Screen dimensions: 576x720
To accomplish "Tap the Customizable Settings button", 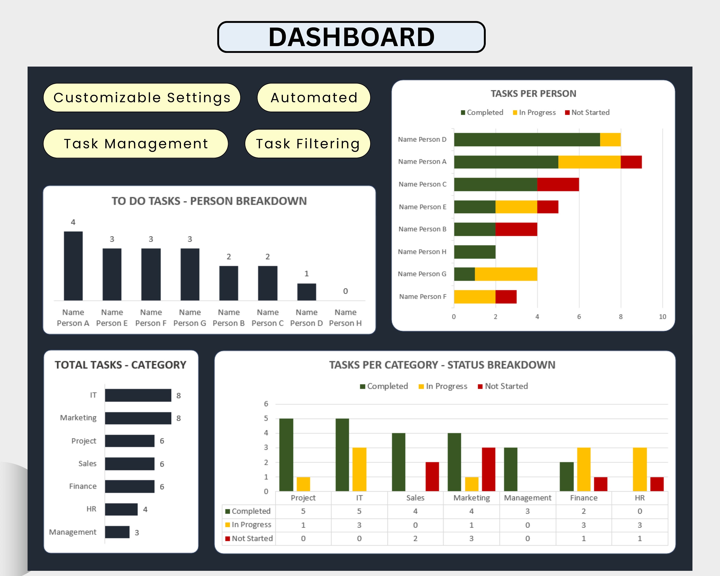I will pyautogui.click(x=142, y=97).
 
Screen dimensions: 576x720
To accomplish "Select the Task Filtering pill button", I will pyautogui.click(x=308, y=144).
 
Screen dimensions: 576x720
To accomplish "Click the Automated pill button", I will pyautogui.click(x=314, y=97).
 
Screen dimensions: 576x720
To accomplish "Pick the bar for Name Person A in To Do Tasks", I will pyautogui.click(x=73, y=266).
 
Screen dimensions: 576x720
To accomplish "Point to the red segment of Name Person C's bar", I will pyautogui.click(x=558, y=184).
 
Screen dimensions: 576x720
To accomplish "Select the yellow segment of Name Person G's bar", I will pyautogui.click(x=506, y=274).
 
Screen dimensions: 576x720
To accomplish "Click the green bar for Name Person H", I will pyautogui.click(x=474, y=252).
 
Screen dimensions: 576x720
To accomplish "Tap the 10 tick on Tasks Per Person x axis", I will pyautogui.click(x=662, y=317).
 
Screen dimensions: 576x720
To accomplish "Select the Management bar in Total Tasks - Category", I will pyautogui.click(x=117, y=532).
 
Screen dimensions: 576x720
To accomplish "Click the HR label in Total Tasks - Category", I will pyautogui.click(x=91, y=509).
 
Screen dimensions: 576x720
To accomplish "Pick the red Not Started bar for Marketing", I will pyautogui.click(x=488, y=469).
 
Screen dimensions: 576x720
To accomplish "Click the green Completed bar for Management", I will pyautogui.click(x=510, y=469).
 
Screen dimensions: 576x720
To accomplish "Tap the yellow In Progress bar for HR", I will pyautogui.click(x=640, y=469).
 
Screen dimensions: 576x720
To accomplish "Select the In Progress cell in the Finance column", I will pyautogui.click(x=583, y=525).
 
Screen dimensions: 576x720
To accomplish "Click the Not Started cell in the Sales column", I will pyautogui.click(x=415, y=538).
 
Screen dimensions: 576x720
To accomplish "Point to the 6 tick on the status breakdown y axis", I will pyautogui.click(x=266, y=404).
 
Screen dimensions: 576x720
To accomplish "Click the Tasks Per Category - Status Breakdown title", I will pyautogui.click(x=442, y=365).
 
